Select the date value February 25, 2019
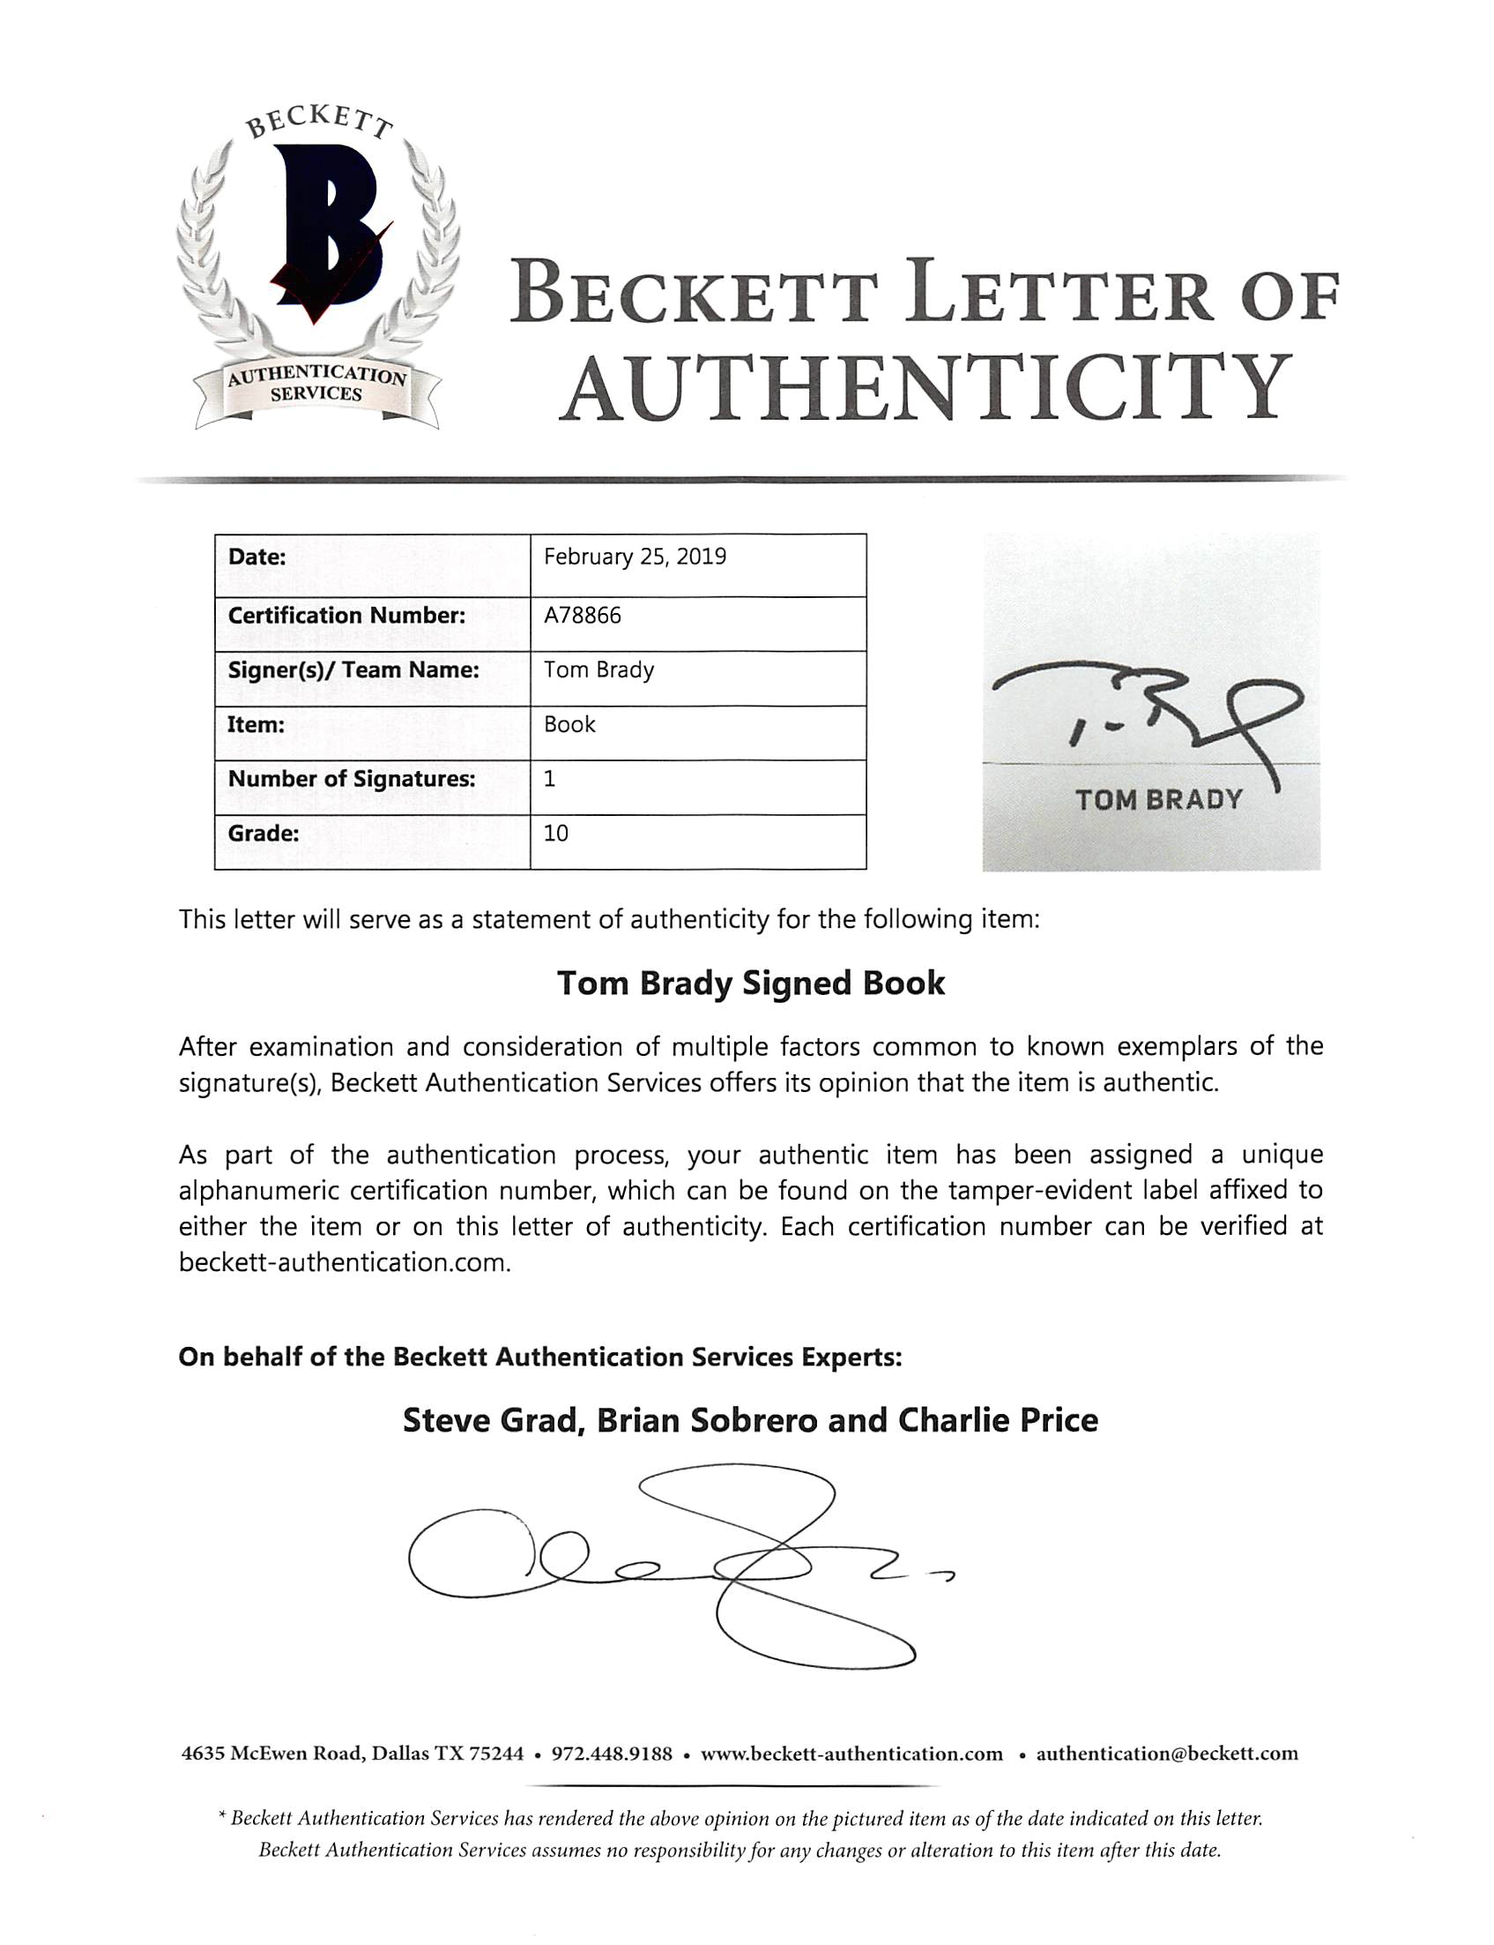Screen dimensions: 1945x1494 (x=635, y=557)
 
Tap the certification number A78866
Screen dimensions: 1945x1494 (x=583, y=616)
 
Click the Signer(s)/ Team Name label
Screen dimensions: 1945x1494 (x=353, y=670)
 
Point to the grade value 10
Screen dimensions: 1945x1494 (x=556, y=834)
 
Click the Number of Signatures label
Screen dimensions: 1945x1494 (x=352, y=780)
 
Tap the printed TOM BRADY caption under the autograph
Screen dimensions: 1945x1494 (x=1159, y=800)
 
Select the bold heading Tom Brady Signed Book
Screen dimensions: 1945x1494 (x=751, y=984)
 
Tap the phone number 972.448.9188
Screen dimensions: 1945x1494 (x=612, y=1754)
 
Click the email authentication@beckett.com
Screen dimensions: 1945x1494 (x=1167, y=1754)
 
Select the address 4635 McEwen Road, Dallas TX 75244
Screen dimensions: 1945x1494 (x=353, y=1754)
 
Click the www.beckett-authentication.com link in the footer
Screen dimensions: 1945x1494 (x=851, y=1754)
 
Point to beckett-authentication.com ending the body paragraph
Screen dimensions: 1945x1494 (x=344, y=1262)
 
